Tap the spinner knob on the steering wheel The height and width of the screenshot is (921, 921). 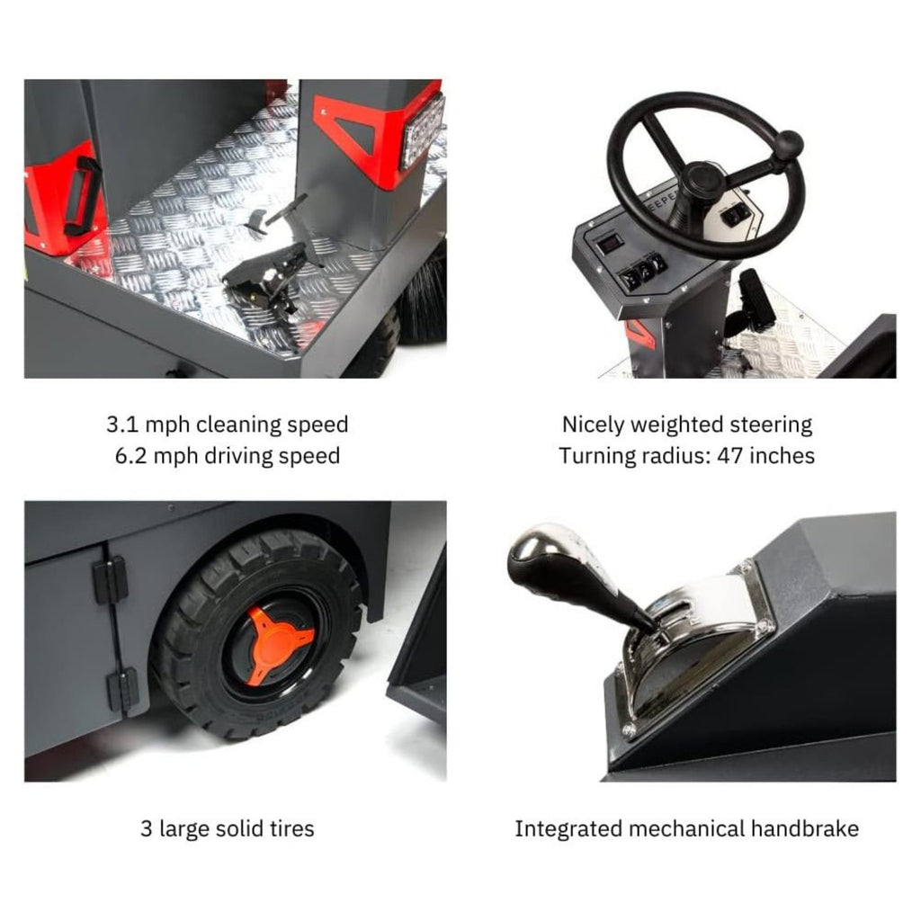pos(789,144)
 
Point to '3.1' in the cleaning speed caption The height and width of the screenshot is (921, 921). pos(123,425)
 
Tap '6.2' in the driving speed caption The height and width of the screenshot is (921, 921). pos(132,456)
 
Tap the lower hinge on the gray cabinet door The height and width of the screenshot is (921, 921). pos(122,688)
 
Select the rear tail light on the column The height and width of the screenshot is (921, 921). pos(423,131)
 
